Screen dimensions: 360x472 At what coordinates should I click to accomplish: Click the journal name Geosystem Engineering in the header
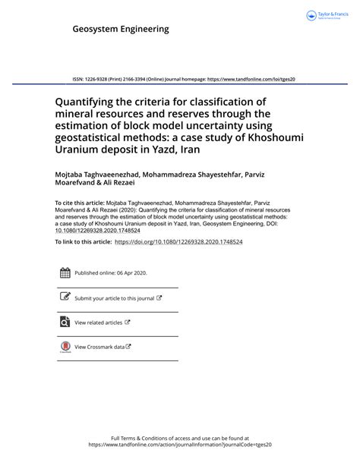pos(121,30)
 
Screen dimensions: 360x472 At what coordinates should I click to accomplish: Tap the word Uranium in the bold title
pos(81,151)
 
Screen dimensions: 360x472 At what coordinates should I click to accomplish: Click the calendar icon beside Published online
pos(65,273)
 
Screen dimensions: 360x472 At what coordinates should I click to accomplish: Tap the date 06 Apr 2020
pos(132,273)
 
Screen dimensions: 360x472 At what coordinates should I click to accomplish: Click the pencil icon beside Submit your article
pos(65,297)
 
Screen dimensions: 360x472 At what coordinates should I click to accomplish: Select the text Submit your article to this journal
pos(114,298)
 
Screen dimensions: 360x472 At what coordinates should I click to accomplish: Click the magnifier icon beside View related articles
pos(65,322)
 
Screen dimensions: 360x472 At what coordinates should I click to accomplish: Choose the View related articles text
pos(99,323)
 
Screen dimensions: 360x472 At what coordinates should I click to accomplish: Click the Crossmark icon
pos(65,347)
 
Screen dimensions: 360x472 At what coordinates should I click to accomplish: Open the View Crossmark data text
pos(99,347)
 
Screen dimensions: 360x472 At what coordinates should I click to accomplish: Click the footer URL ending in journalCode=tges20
pos(180,445)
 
